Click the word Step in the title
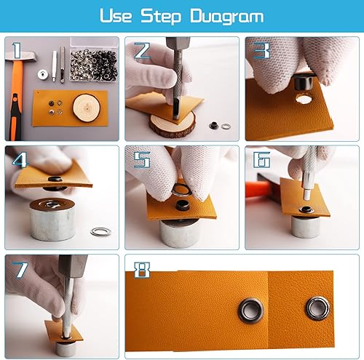click(x=161, y=17)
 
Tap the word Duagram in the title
click(x=227, y=17)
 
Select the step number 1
click(x=17, y=50)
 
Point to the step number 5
click(x=142, y=160)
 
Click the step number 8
click(x=142, y=270)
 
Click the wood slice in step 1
click(x=87, y=108)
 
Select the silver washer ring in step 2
click(x=226, y=126)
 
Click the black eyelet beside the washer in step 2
click(x=214, y=126)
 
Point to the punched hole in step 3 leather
click(x=304, y=99)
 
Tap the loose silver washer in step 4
click(x=101, y=232)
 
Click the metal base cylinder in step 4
click(x=52, y=220)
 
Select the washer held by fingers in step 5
click(x=181, y=190)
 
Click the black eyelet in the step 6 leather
click(x=306, y=209)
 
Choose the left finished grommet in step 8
click(x=251, y=311)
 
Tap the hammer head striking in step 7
click(x=73, y=266)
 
